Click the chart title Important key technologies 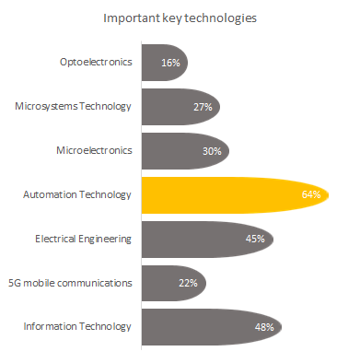[x=180, y=18]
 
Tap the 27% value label [x=203, y=107]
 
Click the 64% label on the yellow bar [x=310, y=195]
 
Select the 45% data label [x=255, y=239]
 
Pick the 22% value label [x=190, y=283]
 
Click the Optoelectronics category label [x=95, y=63]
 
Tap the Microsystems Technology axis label [x=74, y=107]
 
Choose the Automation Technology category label [x=77, y=194]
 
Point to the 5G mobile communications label [x=75, y=283]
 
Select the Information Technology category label [x=78, y=327]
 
